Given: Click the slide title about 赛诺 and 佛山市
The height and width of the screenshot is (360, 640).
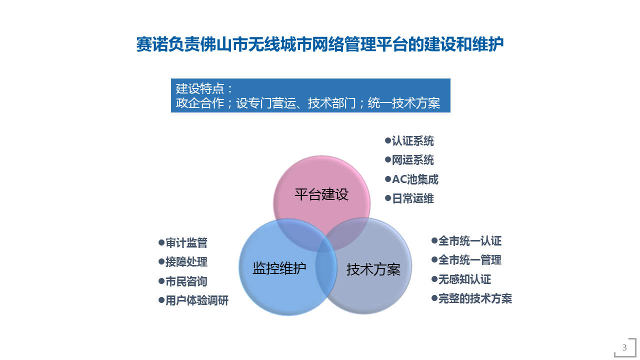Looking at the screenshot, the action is (319, 44).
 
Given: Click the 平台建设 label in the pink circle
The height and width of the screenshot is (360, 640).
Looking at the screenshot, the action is (321, 194).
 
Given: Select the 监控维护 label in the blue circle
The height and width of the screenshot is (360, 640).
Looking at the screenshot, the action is (279, 268).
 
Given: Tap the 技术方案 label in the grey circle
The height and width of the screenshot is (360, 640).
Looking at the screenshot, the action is (373, 269).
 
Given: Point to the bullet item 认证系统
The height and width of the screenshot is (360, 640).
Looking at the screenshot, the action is (409, 141).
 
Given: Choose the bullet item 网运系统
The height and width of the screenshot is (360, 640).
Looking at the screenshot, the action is (409, 160).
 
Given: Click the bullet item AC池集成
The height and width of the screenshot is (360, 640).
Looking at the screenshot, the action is (411, 179).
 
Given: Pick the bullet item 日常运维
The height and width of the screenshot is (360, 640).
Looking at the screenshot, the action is (409, 198).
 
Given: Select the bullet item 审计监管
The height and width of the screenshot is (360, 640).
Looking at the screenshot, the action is (183, 243).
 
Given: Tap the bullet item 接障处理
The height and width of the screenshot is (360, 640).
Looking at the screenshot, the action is (183, 262).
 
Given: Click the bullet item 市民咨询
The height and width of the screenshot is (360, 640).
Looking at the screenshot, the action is (183, 281).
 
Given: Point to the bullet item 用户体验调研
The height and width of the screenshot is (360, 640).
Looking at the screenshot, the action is (193, 300).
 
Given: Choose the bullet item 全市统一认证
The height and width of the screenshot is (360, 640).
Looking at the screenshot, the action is (466, 241).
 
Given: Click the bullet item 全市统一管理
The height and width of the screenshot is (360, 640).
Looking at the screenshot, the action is (466, 260).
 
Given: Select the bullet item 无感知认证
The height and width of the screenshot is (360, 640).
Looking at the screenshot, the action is (461, 279).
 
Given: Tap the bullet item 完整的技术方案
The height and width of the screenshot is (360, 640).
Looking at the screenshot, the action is (471, 298).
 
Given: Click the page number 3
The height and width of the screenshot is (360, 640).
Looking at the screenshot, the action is (624, 347).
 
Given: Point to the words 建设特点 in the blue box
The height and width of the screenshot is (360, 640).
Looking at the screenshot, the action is (199, 88).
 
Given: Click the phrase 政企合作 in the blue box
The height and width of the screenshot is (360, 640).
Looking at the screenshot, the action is (199, 103).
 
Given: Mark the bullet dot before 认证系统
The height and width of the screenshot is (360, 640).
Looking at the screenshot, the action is (387, 140).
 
